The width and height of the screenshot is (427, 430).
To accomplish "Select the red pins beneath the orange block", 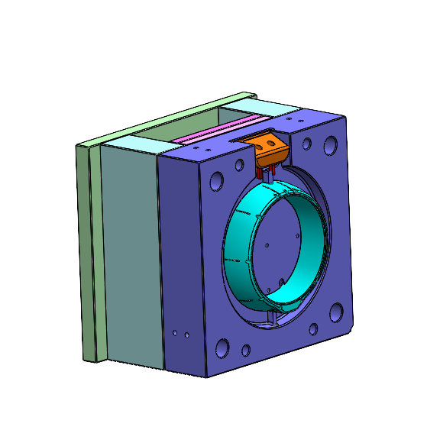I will [265, 175].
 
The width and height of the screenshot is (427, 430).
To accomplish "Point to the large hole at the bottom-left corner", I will [222, 348].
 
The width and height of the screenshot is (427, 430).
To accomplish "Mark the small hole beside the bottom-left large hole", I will [245, 351].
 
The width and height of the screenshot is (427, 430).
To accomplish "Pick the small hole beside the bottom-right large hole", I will [312, 330].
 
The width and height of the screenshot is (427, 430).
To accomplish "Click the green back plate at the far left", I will [85, 252].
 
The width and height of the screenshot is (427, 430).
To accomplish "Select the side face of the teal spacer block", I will [130, 252].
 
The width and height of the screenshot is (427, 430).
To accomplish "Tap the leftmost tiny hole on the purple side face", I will [175, 334].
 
